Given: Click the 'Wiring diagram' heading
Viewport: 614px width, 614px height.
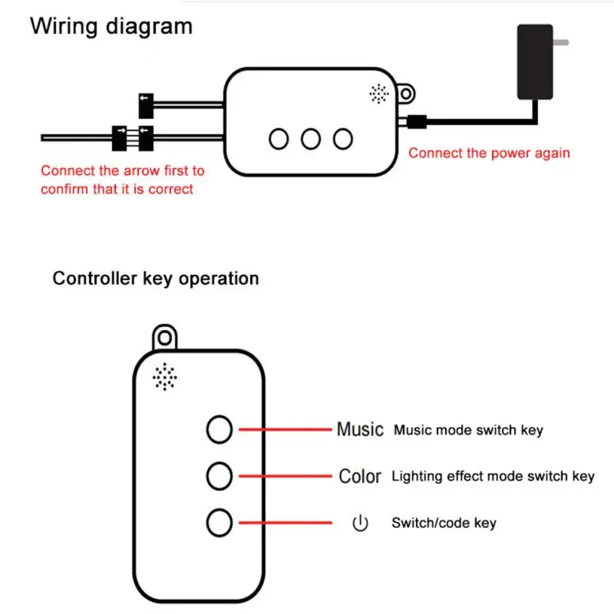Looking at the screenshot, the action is pos(111,27).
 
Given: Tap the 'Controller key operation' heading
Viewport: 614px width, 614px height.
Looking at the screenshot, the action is pos(156,279).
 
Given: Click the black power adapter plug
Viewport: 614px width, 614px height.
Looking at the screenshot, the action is pos(535,62).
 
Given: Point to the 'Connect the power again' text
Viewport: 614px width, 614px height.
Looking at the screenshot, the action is pos(489,153).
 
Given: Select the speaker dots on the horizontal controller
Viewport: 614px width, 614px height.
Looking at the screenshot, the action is pos(379,94).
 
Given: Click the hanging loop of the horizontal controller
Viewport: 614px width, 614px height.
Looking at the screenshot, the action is pos(406,94).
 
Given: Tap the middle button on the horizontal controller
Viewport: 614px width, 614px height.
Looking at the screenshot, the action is pos(311,139).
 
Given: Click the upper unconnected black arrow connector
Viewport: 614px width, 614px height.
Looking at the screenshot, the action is pos(146,106).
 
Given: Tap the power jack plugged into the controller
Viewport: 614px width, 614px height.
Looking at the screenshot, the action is pos(417,122).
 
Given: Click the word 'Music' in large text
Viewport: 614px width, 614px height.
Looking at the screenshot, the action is pos(360,429).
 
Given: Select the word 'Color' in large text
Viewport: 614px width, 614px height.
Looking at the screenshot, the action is pos(360,476).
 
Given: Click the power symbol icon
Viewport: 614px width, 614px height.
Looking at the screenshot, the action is pos(360,523).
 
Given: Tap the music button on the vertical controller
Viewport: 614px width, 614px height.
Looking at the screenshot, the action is pos(220,430).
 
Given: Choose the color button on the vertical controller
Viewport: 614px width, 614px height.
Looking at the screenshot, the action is pos(220,476).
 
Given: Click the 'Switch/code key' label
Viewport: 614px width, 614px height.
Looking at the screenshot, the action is pos(444,523).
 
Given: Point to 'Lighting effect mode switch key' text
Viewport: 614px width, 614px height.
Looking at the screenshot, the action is pos(493,477).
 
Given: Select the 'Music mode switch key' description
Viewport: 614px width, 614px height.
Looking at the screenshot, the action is pos(468,430).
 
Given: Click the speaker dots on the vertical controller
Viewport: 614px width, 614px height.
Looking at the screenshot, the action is pos(165,377).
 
